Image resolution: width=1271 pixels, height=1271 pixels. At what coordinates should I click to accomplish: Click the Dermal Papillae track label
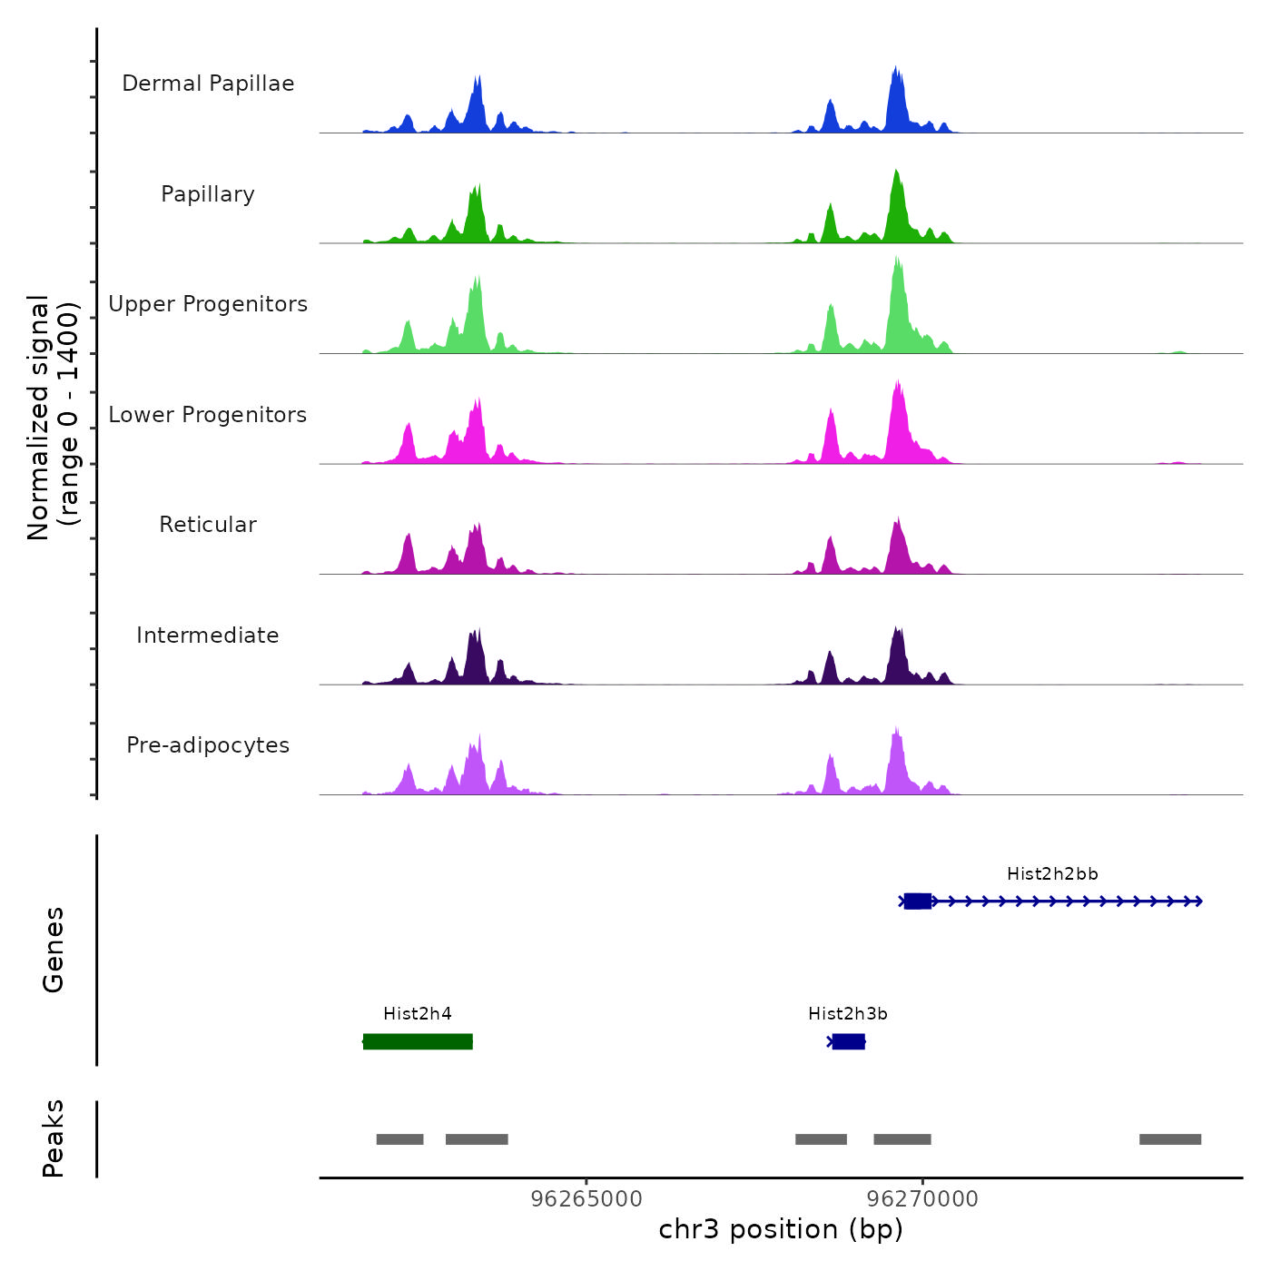[208, 84]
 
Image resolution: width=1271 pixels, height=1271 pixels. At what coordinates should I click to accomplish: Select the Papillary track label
[208, 194]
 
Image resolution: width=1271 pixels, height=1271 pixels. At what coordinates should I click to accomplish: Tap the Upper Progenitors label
[208, 304]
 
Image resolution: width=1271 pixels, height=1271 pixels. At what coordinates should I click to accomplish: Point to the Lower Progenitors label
[208, 415]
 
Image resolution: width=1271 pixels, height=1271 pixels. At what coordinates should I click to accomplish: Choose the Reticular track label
[208, 525]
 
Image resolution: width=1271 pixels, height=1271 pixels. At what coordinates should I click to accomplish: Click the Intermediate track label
[208, 635]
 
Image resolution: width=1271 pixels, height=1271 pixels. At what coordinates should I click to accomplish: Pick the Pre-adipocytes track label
[208, 745]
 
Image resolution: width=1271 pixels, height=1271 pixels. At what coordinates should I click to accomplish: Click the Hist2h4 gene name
[418, 1013]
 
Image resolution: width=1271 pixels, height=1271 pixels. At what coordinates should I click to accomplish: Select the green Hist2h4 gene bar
[418, 1041]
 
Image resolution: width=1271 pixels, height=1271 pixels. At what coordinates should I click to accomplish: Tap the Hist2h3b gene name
[848, 1013]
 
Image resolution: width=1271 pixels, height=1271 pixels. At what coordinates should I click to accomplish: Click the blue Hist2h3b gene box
[849, 1041]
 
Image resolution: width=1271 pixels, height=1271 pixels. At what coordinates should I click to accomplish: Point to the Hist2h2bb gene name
[1052, 873]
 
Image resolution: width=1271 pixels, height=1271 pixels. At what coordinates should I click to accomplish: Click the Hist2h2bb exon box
[917, 901]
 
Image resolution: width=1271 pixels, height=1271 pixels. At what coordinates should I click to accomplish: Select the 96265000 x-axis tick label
[586, 1198]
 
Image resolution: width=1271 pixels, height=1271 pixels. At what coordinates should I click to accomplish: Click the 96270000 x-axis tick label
[923, 1198]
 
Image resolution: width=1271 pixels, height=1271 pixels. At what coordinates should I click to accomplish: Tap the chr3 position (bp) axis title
[781, 1229]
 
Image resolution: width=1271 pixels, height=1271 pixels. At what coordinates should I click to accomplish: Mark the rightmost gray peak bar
[1170, 1139]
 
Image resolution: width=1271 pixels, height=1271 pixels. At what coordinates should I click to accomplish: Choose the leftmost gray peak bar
[399, 1139]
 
